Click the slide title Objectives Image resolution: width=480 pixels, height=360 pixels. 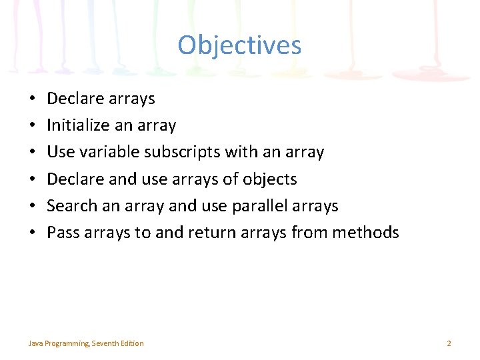239,45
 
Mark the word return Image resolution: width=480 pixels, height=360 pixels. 212,233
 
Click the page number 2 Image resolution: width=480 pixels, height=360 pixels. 449,343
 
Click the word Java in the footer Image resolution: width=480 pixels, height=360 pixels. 34,343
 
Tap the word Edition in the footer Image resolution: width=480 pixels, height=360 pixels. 133,343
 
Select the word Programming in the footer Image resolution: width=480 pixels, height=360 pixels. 66,343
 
